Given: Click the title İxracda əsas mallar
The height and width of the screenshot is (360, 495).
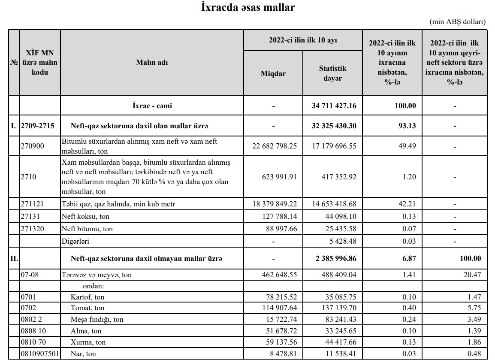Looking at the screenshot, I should coord(248,7).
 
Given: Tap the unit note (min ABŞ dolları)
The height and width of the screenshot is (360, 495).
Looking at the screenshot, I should coord(457,21).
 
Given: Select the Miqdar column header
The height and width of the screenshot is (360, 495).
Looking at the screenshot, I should coord(273,73).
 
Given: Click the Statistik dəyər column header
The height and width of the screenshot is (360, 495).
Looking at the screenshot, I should coord(332,73).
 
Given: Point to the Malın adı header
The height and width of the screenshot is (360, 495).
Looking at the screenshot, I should coord(152,62).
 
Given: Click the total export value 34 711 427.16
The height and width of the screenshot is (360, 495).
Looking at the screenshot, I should coord(334,106).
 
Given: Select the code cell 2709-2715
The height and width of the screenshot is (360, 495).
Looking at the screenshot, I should coord(39,126).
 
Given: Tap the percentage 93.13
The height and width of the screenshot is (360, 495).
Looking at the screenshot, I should coord(405,126).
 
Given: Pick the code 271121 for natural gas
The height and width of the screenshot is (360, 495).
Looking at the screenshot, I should coord(32,204).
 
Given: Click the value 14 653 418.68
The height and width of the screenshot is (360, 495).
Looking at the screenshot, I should coord(334,204).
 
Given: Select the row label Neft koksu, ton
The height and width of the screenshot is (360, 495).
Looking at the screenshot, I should coord(85,217).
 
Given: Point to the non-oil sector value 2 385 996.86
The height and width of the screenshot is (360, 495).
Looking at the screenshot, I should coord(336,259).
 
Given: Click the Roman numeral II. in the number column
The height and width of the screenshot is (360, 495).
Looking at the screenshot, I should coord(14,259).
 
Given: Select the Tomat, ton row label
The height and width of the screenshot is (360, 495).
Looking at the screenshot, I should coord(88,308).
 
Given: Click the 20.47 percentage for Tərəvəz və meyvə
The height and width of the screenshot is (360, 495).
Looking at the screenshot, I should coord(472,275).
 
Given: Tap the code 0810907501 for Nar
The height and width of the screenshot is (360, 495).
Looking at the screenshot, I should coord(40,354).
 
